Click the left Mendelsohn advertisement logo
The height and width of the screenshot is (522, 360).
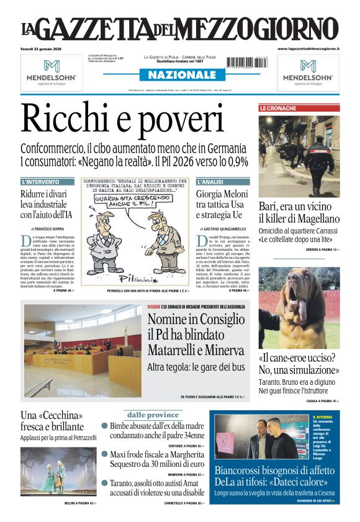pos(52,71)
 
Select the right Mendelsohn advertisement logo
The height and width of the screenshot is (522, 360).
pos(308,71)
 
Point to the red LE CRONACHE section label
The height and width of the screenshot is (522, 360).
pos(278,109)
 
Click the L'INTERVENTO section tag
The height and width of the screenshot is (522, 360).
pos(41,182)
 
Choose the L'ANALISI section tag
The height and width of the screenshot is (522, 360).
pos(211,182)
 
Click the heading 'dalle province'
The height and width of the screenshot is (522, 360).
pos(153,415)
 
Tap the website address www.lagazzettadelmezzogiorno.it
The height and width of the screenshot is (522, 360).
pos(308,48)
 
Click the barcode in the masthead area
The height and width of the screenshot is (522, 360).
pos(248,61)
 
